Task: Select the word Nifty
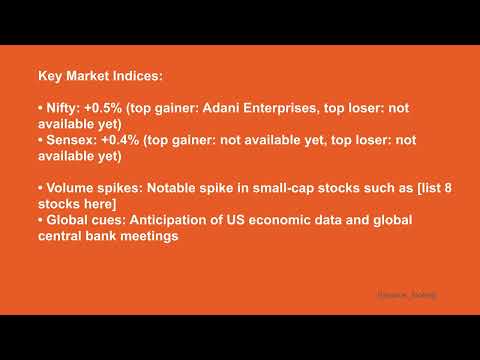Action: (59, 106)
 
